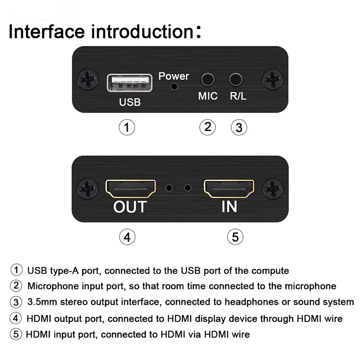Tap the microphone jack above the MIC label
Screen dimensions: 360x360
coord(207,80)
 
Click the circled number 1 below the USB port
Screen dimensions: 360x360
coord(127,127)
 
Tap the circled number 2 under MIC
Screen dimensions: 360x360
coord(207,126)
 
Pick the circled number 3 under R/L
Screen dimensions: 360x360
coord(239,127)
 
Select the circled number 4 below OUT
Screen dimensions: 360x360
coord(127,236)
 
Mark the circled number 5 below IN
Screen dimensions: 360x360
coord(235,236)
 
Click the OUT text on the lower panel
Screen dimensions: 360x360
coord(130,207)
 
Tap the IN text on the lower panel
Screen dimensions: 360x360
coord(229,207)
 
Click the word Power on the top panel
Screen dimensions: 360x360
coord(174,76)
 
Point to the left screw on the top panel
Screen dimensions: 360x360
coord(87,79)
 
